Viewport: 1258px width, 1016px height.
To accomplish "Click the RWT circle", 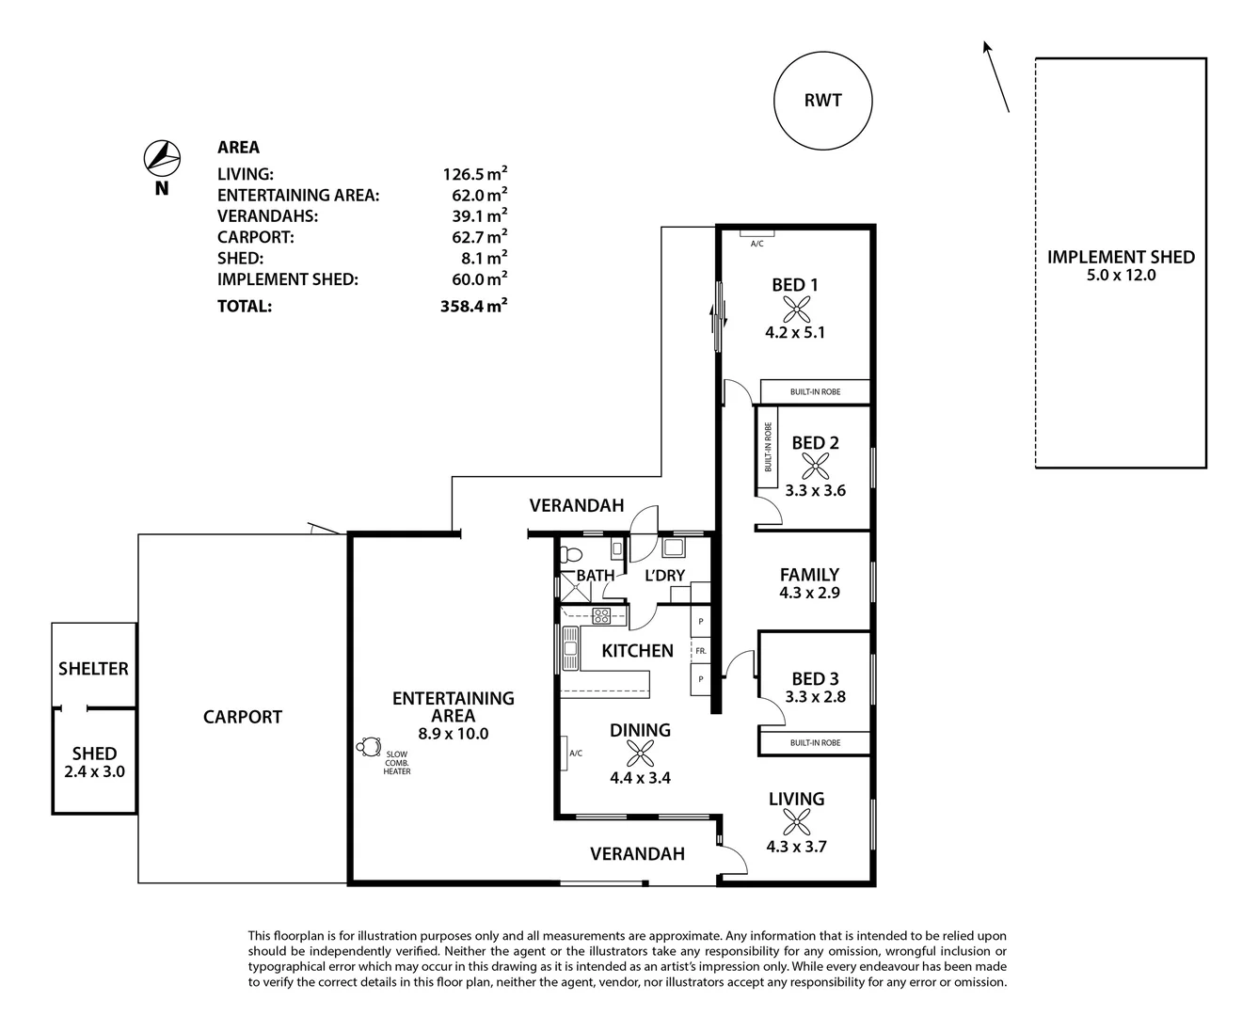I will [822, 101].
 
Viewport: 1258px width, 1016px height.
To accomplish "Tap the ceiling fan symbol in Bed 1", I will [797, 309].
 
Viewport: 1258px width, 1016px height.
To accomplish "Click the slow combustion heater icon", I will [367, 748].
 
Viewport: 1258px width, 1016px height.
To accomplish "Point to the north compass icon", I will [162, 157].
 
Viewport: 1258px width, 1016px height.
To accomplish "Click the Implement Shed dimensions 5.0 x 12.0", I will [1121, 276].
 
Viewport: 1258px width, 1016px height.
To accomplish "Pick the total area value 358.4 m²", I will [475, 306].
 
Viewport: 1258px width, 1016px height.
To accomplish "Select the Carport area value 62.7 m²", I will [475, 237].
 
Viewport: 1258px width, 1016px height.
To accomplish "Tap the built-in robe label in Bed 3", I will [815, 743].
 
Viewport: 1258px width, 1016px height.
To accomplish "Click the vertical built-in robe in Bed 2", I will [768, 448].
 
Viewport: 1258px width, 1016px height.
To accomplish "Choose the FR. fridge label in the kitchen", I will [701, 650].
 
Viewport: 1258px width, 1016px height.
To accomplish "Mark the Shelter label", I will [93, 669].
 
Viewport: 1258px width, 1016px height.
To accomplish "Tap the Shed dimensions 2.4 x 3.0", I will [94, 771].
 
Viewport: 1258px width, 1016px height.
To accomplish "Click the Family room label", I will [809, 575].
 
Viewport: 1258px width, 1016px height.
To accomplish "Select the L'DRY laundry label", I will [664, 576].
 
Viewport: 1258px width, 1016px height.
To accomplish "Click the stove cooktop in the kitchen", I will [601, 616].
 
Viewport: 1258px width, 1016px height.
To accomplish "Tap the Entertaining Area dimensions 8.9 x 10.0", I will [454, 734].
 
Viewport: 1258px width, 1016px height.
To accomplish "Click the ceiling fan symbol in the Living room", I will [796, 822].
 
